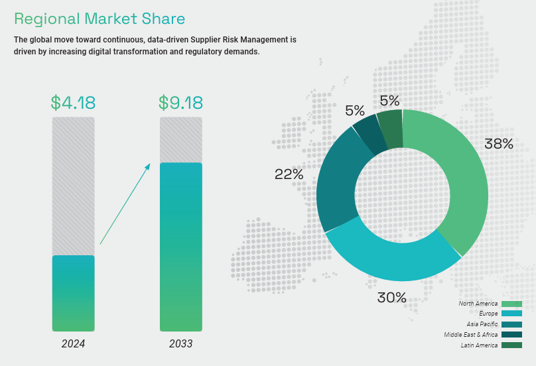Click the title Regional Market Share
[100, 18]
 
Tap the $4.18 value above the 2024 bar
[73, 103]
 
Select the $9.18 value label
[180, 103]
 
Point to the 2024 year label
[73, 344]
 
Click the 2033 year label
[180, 344]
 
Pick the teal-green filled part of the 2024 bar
[73, 293]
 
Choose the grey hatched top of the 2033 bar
[180, 139]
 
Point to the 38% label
[498, 144]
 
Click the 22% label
[289, 174]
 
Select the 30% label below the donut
[391, 298]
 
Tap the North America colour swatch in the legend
[511, 304]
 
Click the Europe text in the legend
[488, 314]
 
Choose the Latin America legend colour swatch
[511, 345]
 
